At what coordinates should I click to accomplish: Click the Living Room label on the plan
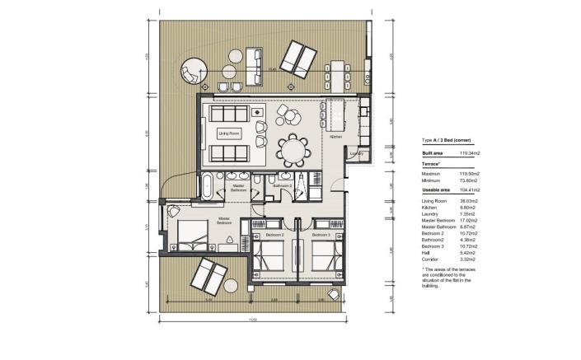click(x=228, y=133)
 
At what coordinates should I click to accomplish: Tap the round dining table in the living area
click(x=293, y=150)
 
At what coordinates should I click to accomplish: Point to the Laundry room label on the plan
click(x=356, y=153)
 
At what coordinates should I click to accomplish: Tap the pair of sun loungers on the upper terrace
click(x=298, y=59)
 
